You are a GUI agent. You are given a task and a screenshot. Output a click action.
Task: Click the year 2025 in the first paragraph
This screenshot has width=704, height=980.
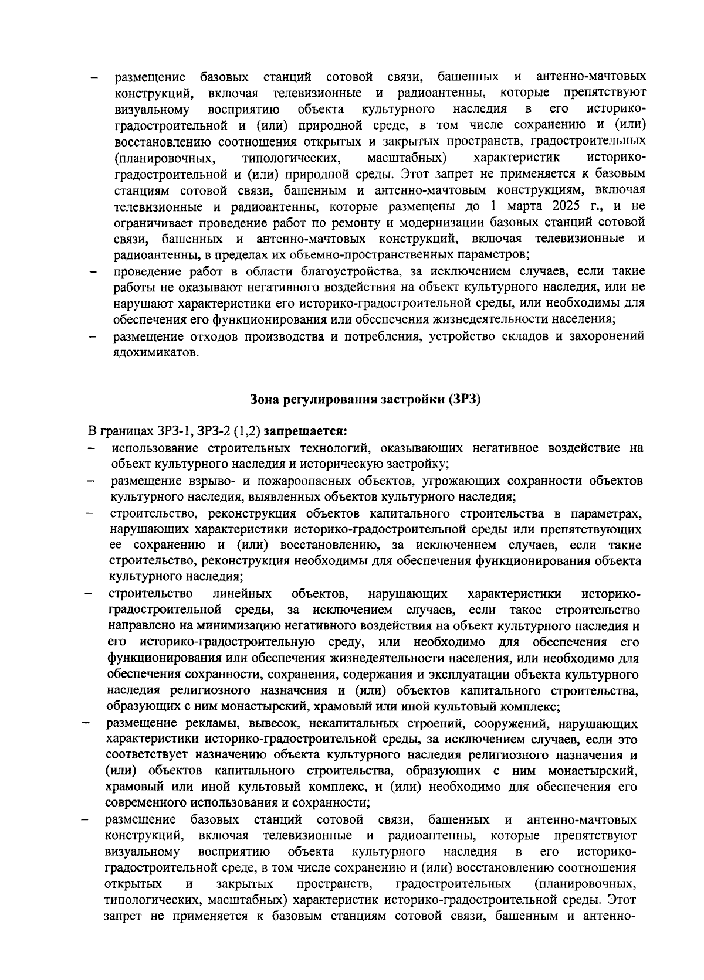[567, 206]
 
